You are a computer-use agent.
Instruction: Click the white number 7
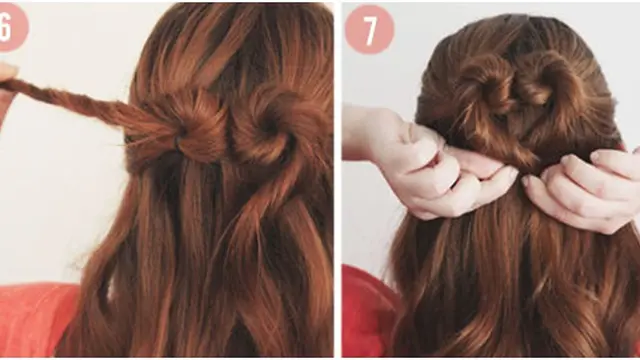(370, 30)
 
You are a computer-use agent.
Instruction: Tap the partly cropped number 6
(5, 27)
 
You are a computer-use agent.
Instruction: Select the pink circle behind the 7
(369, 29)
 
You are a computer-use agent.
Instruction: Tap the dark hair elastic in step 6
(178, 141)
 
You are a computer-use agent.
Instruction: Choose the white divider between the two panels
(338, 180)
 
